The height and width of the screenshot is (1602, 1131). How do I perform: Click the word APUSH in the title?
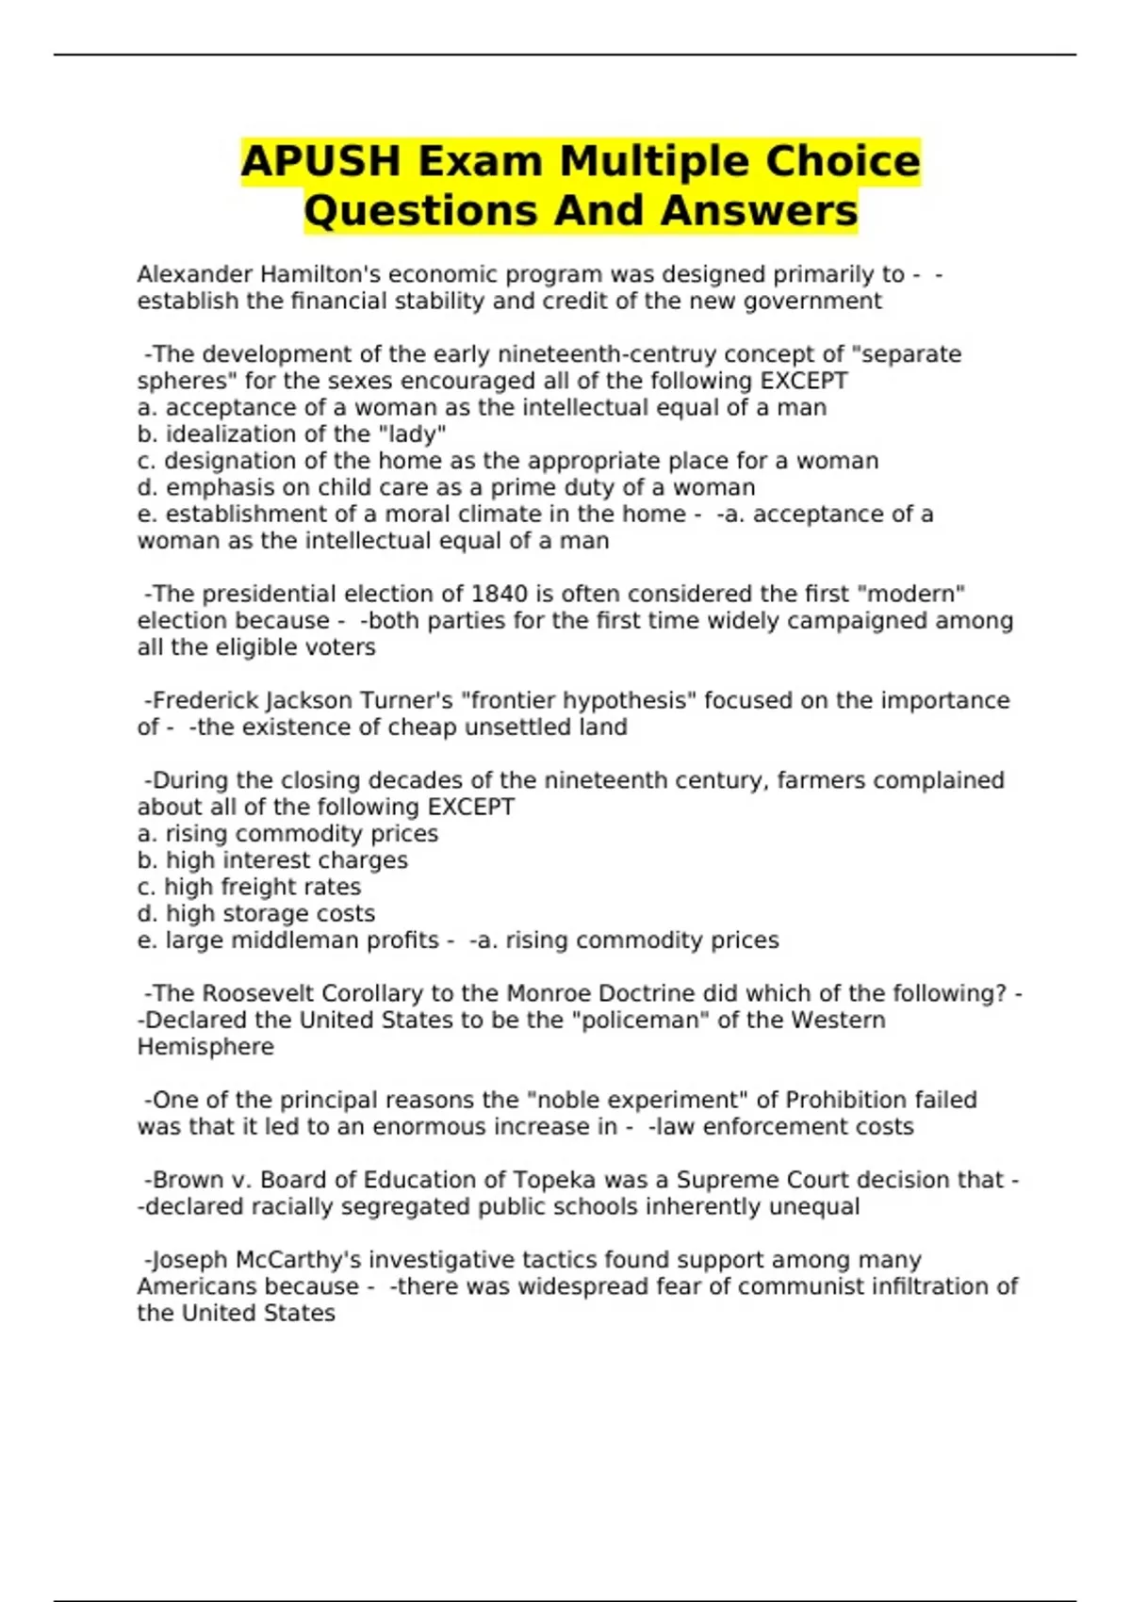(x=320, y=161)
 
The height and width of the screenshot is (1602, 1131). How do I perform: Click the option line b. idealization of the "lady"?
(x=291, y=434)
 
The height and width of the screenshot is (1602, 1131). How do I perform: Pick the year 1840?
(x=500, y=594)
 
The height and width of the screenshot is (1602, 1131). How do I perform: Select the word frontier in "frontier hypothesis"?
(x=508, y=700)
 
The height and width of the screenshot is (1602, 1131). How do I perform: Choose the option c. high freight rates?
(x=249, y=887)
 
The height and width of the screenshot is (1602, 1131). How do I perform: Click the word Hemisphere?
(x=205, y=1047)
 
